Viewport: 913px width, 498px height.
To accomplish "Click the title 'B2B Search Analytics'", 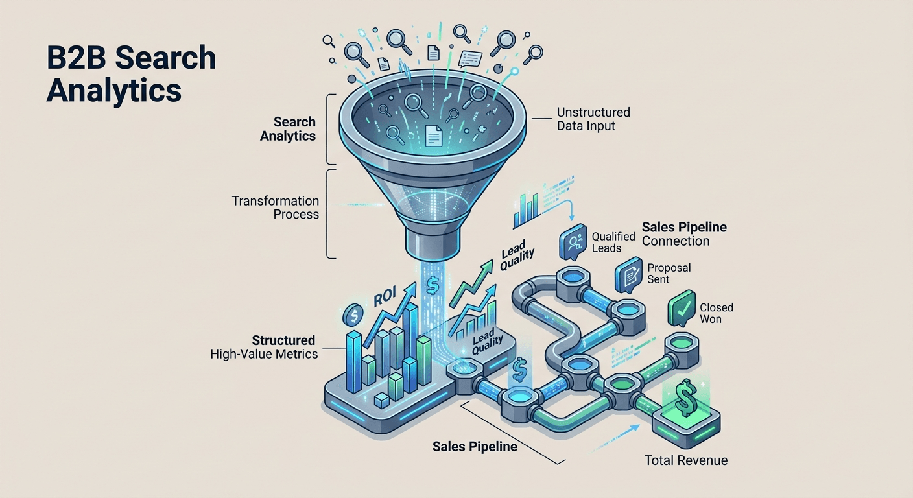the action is (131, 75).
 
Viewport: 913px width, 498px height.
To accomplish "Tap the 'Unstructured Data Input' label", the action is (593, 119).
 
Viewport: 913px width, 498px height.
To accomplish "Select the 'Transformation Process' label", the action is (276, 207).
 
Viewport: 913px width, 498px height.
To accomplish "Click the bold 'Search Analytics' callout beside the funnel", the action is (288, 129).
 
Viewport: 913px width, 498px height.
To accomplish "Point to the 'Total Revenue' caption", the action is (686, 460).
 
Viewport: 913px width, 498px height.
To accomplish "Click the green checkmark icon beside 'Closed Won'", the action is (682, 309).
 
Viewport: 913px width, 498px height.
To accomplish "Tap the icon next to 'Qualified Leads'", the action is (573, 242).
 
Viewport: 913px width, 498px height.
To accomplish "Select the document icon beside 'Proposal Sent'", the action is (628, 275).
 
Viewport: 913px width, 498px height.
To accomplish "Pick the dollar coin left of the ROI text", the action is (353, 315).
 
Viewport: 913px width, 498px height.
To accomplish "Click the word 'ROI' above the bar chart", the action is (385, 298).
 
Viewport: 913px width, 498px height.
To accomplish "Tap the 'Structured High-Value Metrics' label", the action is (264, 347).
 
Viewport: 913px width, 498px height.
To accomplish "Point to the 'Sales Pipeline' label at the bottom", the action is (475, 447).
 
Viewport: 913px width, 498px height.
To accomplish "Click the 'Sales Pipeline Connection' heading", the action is (684, 234).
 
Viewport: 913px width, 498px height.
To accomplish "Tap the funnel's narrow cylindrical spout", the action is (433, 242).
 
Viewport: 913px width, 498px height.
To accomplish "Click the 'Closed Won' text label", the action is (717, 313).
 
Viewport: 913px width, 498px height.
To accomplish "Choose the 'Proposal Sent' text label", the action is (669, 274).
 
